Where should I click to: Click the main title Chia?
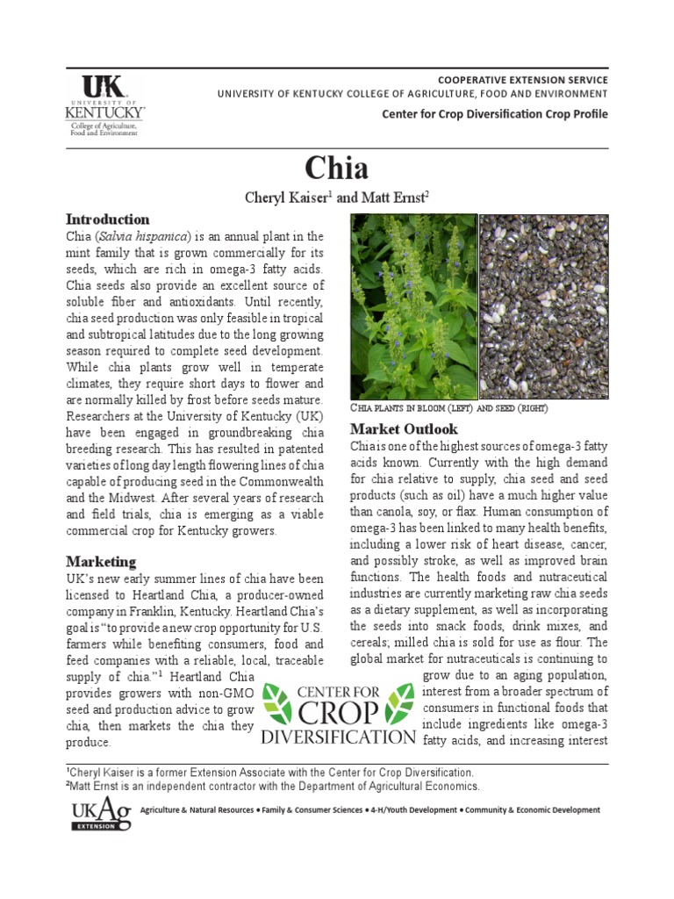[x=337, y=167]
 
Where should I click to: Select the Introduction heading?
[x=108, y=219]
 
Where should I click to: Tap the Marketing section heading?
[x=101, y=561]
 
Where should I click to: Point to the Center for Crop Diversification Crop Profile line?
[x=494, y=114]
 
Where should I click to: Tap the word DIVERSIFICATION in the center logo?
[x=339, y=737]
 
